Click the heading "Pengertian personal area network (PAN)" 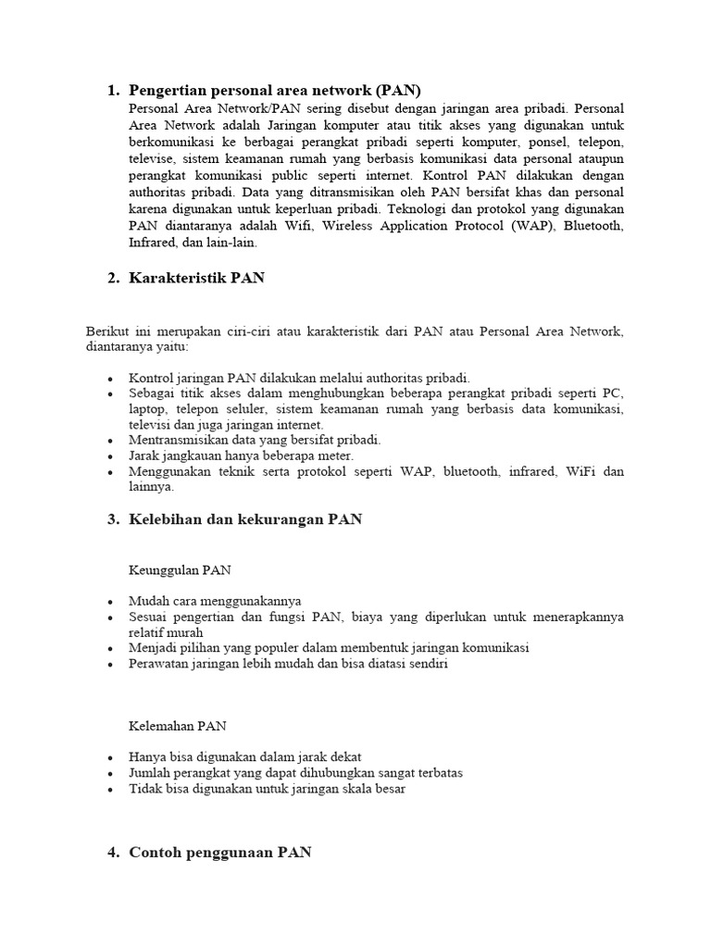click(275, 90)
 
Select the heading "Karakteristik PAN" click(196, 278)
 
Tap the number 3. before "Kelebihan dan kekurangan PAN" click(113, 519)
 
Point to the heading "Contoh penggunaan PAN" click(220, 853)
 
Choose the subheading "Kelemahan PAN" click(178, 726)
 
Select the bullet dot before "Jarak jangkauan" click(111, 456)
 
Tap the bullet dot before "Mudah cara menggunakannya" click(111, 601)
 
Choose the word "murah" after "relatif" click(194, 632)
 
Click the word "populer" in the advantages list click(277, 648)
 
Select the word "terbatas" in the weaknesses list click(437, 773)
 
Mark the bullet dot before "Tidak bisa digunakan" click(111, 790)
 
